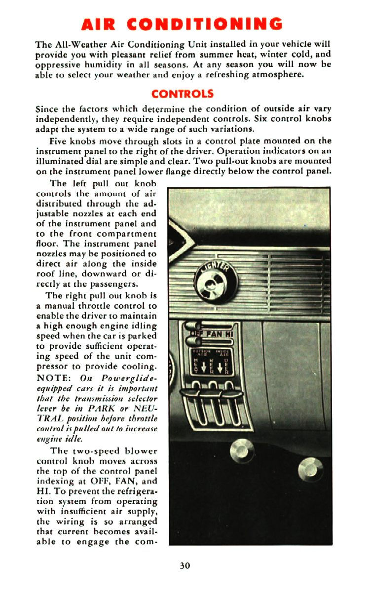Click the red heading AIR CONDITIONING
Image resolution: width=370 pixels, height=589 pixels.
point(183,24)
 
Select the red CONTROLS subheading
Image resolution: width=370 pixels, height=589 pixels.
point(183,94)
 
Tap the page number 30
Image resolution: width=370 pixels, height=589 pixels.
point(185,565)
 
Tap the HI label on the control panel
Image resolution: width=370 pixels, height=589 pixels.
point(228,335)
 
